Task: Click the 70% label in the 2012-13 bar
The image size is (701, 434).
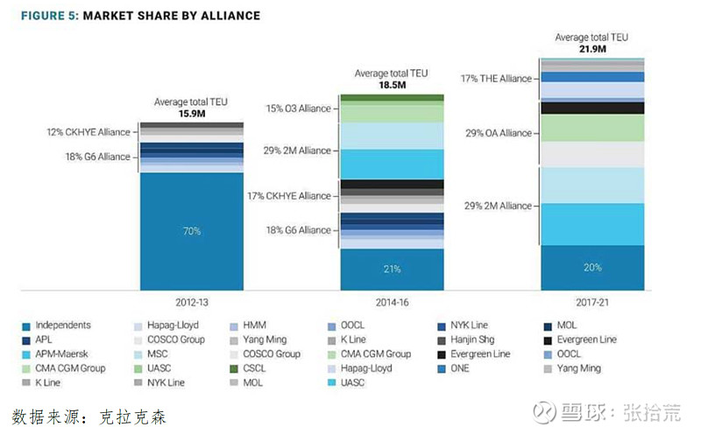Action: tap(192, 231)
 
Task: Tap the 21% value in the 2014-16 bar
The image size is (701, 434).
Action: tap(393, 269)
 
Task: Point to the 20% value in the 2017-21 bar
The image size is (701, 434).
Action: tap(591, 268)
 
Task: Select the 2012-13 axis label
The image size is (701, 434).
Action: tap(192, 302)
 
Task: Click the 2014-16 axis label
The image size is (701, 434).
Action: tap(393, 302)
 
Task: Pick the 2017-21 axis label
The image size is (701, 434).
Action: tap(591, 302)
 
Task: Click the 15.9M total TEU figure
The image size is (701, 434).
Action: tap(191, 114)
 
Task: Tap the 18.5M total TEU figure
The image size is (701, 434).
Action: tap(392, 86)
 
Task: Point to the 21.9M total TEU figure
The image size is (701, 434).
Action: tap(591, 49)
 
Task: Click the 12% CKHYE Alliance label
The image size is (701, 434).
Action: tap(88, 132)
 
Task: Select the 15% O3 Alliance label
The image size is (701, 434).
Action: tap(299, 108)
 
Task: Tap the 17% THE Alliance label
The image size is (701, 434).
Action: tap(496, 79)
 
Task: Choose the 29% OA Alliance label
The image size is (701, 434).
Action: tap(497, 133)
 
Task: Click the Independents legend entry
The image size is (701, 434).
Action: tap(60, 325)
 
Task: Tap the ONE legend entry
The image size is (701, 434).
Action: tap(462, 368)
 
